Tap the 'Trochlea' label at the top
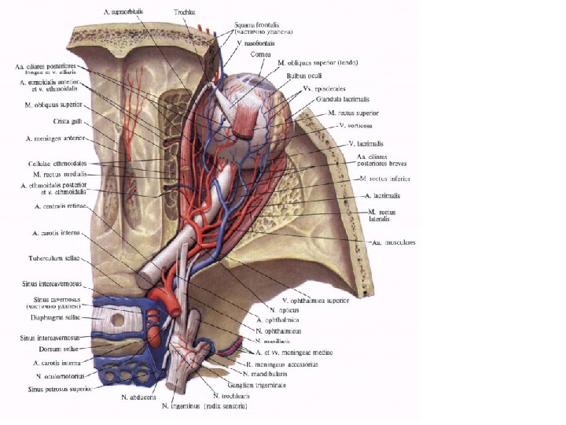pyautogui.click(x=186, y=13)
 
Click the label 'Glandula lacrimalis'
pyautogui.click(x=340, y=100)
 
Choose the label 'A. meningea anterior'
pyautogui.click(x=48, y=140)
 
